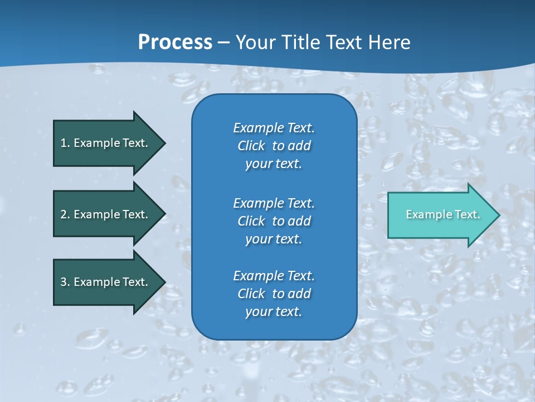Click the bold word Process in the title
pos(175,42)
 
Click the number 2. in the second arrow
pos(65,214)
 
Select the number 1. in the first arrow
pos(65,143)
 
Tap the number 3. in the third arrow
pos(65,282)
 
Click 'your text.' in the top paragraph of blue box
pos(274,164)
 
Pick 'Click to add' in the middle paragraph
pos(274,221)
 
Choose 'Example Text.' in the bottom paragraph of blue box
pos(274,276)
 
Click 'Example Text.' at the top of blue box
pos(274,128)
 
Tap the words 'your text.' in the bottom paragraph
pos(274,312)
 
